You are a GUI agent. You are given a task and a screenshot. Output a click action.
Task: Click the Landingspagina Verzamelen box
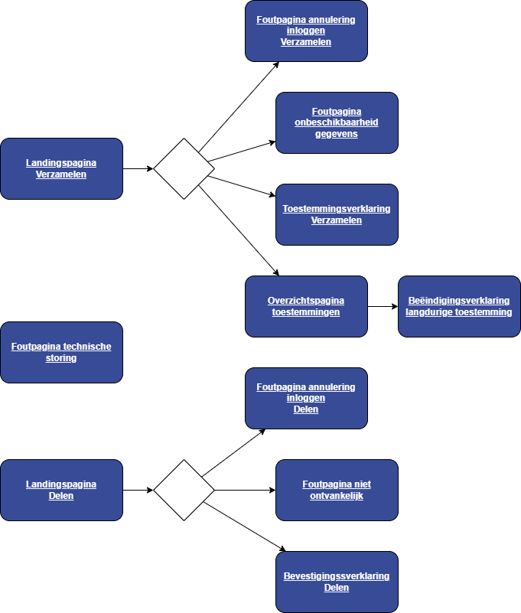click(61, 168)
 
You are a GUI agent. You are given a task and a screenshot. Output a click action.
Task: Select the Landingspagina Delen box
click(61, 490)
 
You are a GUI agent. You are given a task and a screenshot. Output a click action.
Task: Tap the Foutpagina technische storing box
click(61, 352)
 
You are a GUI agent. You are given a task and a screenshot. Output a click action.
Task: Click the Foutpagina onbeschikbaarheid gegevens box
click(337, 122)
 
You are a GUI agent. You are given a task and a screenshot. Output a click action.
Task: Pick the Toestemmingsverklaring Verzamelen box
click(337, 214)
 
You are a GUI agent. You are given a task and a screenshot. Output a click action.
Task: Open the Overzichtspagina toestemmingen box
click(306, 306)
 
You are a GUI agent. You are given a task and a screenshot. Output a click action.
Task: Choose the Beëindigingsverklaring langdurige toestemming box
click(459, 306)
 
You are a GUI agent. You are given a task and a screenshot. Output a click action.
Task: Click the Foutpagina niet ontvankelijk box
click(337, 490)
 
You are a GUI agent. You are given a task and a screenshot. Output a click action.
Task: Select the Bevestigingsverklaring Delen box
click(337, 582)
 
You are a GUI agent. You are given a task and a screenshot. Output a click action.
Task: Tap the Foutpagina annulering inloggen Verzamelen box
click(306, 31)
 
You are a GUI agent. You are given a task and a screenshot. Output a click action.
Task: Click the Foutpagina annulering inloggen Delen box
click(306, 398)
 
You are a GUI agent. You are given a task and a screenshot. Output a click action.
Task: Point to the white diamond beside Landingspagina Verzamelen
click(184, 168)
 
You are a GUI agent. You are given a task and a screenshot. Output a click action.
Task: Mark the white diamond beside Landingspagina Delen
click(184, 490)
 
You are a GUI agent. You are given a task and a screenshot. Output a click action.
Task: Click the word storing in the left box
click(61, 358)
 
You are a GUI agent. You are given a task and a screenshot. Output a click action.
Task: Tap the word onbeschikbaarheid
click(337, 122)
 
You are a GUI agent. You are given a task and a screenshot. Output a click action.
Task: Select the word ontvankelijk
click(337, 496)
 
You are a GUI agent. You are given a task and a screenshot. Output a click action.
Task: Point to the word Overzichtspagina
click(306, 301)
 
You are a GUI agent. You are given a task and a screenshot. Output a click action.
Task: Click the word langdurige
click(436, 312)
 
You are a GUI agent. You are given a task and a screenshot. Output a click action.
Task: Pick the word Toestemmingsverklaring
click(337, 209)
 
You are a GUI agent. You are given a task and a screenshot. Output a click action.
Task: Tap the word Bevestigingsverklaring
click(337, 576)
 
